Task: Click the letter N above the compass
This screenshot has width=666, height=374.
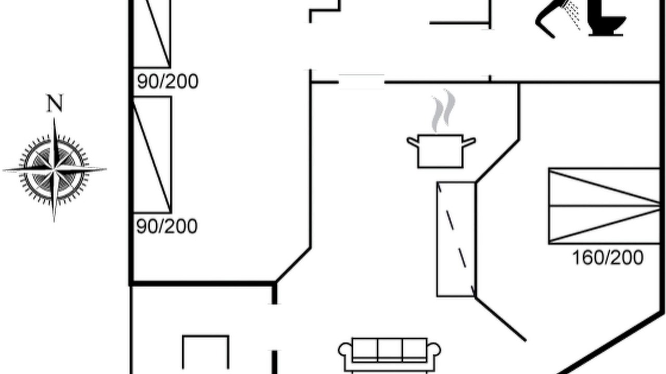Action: tap(55, 103)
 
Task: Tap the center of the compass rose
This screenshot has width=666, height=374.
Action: tap(55, 170)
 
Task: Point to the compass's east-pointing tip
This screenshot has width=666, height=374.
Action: tap(106, 169)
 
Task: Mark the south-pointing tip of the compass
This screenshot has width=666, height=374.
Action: tap(54, 221)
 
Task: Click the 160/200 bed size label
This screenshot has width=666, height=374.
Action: tap(608, 258)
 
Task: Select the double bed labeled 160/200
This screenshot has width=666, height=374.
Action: tap(604, 206)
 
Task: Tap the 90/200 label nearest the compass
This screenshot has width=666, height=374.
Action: tap(167, 226)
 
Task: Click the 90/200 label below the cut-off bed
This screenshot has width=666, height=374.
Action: tap(168, 82)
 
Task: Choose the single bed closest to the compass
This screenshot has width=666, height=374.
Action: tap(152, 155)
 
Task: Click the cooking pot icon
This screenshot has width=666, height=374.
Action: tap(441, 151)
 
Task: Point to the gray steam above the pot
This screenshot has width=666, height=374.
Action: tap(443, 111)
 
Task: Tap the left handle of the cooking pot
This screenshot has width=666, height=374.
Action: tap(413, 141)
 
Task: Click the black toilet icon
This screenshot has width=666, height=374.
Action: tap(607, 18)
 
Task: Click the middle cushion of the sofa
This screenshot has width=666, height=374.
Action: tap(390, 350)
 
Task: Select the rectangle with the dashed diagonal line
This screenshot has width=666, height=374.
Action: tap(456, 239)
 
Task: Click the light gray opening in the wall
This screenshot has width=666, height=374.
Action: tap(362, 82)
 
